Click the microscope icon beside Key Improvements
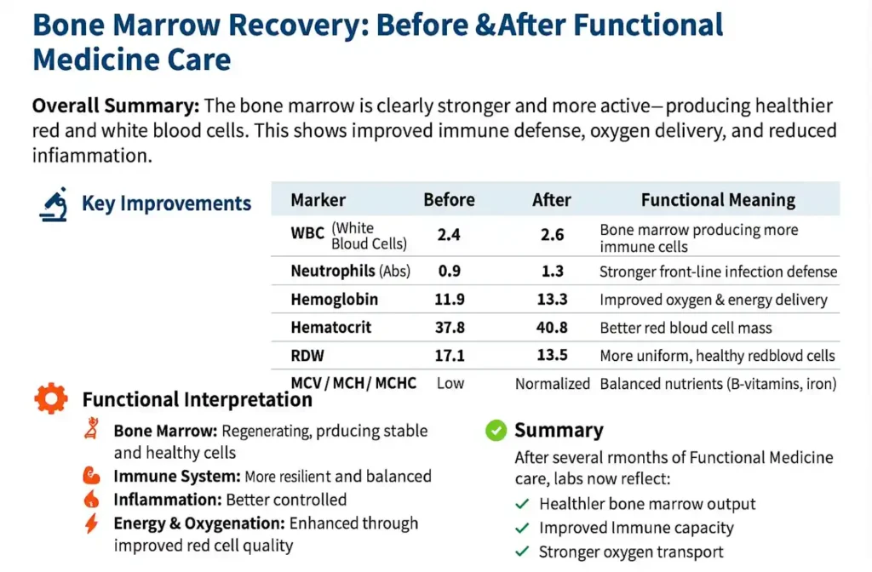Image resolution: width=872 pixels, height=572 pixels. [x=53, y=205]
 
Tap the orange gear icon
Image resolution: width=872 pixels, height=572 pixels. [x=51, y=399]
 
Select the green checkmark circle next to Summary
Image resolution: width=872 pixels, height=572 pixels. [x=496, y=431]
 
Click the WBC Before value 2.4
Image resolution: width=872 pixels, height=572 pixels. [x=449, y=235]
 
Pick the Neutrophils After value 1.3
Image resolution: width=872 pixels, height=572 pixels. [x=552, y=272]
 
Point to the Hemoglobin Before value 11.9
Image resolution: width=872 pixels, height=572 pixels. [x=449, y=300]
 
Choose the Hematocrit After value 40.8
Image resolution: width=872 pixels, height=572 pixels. [x=552, y=328]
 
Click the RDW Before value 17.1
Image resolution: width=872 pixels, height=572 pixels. [x=449, y=355]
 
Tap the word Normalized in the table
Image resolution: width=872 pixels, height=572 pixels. [x=552, y=383]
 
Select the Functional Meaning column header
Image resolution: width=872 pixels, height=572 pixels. [x=718, y=200]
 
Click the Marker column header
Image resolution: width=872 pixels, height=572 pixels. [x=318, y=200]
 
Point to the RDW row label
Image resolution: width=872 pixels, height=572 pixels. [x=307, y=355]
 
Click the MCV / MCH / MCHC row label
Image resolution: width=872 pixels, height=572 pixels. [x=353, y=383]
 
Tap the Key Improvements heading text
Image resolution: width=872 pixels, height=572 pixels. [x=166, y=204]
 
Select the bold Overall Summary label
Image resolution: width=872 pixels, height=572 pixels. [x=116, y=106]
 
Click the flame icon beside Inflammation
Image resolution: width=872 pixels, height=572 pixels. [x=91, y=500]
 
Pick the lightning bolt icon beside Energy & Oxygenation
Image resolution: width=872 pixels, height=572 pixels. [x=91, y=523]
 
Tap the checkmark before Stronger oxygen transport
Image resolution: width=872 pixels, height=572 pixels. [x=523, y=552]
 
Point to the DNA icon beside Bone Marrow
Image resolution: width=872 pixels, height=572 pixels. [x=91, y=432]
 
